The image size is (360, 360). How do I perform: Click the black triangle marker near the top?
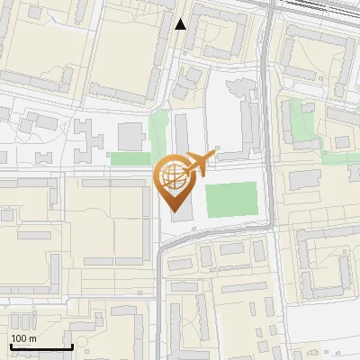[181, 24]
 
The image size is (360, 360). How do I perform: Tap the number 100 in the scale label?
[19, 338]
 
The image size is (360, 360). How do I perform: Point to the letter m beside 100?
[32, 338]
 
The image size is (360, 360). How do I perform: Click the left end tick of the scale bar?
[11, 346]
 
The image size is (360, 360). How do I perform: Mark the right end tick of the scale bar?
[72, 346]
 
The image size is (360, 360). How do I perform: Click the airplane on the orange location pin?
[198, 164]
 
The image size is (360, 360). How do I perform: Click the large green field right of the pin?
[231, 199]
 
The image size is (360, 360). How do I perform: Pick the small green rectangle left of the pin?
[130, 158]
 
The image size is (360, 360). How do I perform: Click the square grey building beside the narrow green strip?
[131, 136]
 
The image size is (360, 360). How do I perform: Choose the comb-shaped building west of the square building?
[90, 137]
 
